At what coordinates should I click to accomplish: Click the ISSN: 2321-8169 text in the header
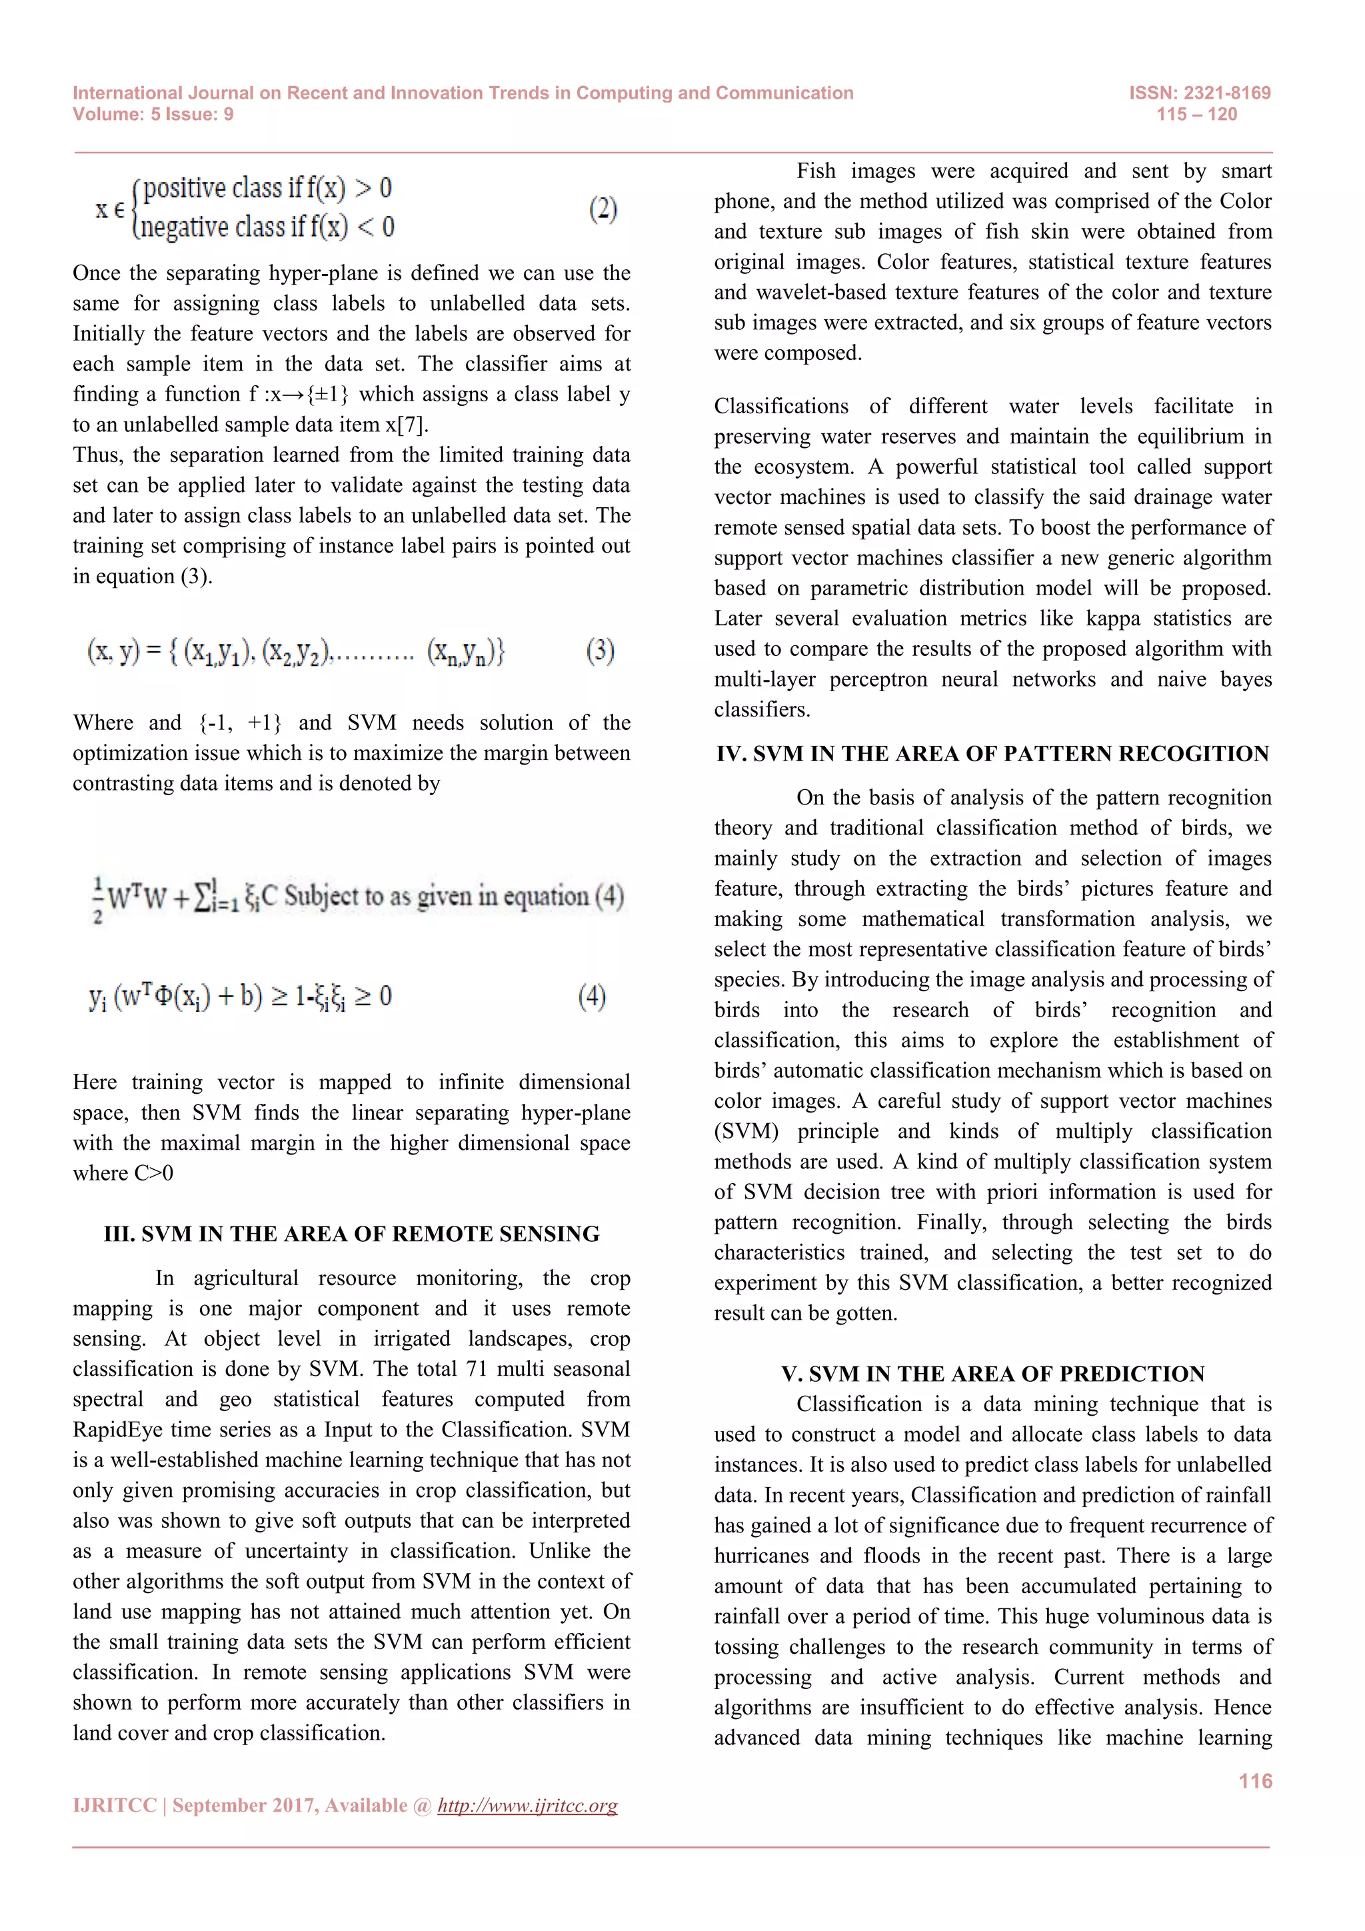pyautogui.click(x=1199, y=93)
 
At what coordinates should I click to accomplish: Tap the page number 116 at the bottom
pyautogui.click(x=1255, y=1780)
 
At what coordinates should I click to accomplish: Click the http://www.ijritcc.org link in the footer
pyautogui.click(x=527, y=1806)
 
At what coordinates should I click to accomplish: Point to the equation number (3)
pyautogui.click(x=600, y=650)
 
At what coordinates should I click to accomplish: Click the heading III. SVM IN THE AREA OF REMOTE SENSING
pyautogui.click(x=351, y=1234)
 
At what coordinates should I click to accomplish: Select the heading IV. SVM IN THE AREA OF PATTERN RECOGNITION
pyautogui.click(x=992, y=754)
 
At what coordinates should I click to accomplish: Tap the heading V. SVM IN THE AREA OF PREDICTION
pyautogui.click(x=992, y=1373)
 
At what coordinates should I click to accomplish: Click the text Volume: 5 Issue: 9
pyautogui.click(x=153, y=115)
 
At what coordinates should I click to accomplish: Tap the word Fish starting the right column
pyautogui.click(x=815, y=171)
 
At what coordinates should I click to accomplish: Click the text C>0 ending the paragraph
pyautogui.click(x=154, y=1173)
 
